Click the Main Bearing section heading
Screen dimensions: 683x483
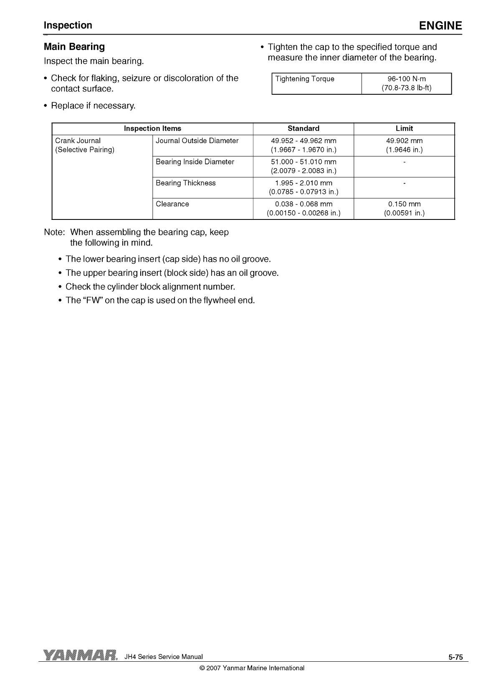click(74, 47)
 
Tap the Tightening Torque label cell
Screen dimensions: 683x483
click(305, 79)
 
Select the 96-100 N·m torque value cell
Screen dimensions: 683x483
click(406, 83)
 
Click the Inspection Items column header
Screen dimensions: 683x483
click(152, 129)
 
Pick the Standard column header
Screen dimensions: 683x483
click(303, 129)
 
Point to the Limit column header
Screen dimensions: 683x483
click(404, 129)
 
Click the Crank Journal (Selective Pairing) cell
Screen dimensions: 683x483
click(85, 145)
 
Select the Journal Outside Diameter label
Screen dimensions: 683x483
click(197, 141)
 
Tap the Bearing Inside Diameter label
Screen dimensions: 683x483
click(195, 162)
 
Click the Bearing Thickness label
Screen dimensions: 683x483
click(186, 183)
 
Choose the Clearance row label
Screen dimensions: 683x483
click(172, 204)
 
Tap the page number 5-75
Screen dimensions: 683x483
click(456, 658)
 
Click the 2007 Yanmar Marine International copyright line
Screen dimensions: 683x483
click(252, 668)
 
